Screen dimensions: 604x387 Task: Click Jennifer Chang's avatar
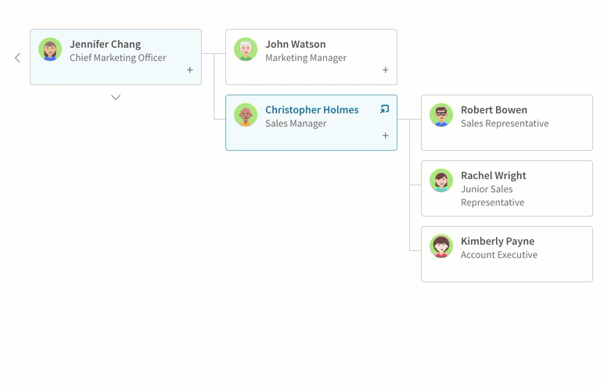tap(50, 49)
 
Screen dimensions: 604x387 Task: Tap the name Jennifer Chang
tap(105, 45)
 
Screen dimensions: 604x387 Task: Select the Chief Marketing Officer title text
tap(118, 58)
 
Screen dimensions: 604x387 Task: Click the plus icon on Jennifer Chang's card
tap(190, 70)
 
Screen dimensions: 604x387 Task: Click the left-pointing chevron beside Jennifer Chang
tap(17, 58)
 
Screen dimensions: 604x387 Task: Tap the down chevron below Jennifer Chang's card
tap(116, 98)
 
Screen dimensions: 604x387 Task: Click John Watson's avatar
tap(246, 49)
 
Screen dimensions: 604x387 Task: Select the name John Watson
tap(296, 45)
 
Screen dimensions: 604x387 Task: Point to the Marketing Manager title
tap(306, 58)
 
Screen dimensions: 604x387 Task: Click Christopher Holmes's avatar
tap(246, 115)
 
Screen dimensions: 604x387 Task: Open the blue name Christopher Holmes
tap(312, 110)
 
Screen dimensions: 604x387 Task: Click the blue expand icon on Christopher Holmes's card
tap(384, 109)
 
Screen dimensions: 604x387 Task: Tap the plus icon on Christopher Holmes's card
tap(385, 135)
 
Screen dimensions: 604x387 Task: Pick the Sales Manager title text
tap(296, 124)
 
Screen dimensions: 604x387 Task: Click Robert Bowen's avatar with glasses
tap(441, 115)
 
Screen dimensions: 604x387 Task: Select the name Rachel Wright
tap(494, 176)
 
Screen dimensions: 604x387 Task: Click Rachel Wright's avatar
tap(441, 181)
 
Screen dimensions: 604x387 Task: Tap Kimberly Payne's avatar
tap(441, 246)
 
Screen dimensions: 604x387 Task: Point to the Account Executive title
tap(499, 255)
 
